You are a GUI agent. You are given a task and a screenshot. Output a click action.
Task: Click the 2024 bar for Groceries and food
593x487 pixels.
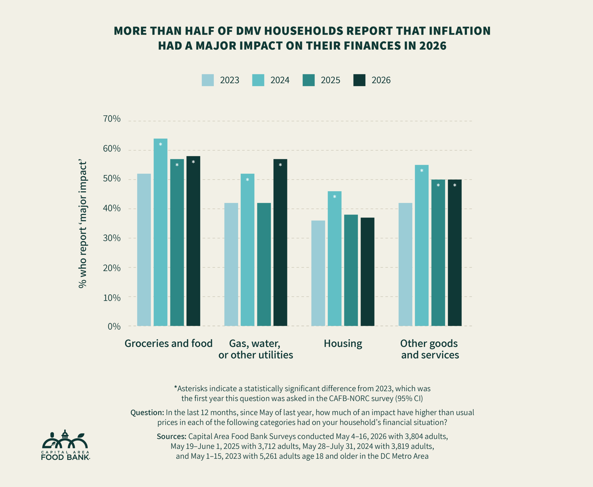(161, 232)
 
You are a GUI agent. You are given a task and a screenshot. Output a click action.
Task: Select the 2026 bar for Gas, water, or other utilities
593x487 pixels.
(280, 242)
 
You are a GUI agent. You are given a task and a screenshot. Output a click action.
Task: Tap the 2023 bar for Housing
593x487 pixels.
(318, 273)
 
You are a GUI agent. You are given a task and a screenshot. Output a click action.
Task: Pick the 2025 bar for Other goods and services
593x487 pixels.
(438, 252)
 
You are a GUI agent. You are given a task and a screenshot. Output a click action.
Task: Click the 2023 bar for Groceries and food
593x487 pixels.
(144, 250)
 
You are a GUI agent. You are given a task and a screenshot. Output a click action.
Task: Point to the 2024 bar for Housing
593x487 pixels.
(334, 258)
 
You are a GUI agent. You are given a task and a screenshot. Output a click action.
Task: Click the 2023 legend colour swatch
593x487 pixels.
(208, 80)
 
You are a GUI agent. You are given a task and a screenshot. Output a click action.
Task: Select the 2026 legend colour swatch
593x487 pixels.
(359, 80)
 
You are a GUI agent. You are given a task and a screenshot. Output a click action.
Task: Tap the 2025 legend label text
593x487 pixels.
(330, 80)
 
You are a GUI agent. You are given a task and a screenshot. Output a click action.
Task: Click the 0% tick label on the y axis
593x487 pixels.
(114, 327)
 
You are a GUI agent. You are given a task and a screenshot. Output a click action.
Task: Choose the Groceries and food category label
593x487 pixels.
(169, 344)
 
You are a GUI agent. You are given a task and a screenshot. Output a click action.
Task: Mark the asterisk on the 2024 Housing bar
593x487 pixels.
(334, 197)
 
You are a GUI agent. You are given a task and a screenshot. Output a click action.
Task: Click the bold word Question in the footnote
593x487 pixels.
(147, 413)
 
